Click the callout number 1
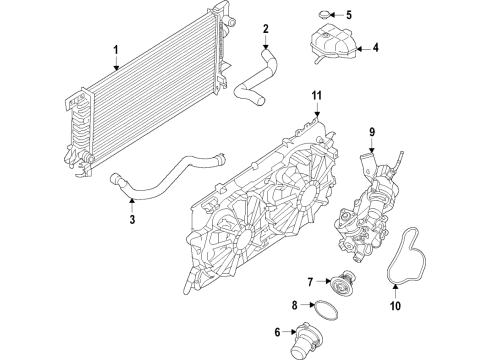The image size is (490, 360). (x=116, y=49)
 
